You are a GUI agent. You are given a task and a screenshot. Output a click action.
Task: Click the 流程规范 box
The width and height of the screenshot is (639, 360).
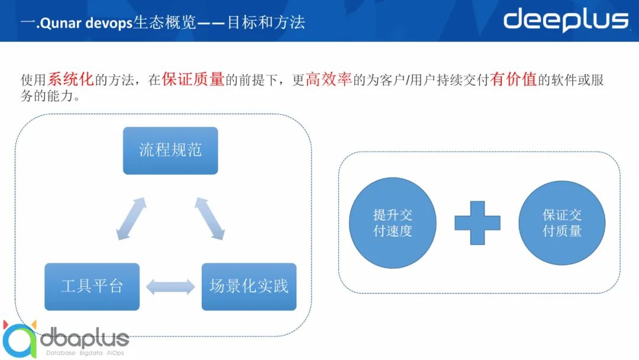(170, 150)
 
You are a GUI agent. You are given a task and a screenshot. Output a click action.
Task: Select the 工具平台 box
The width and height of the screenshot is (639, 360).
(92, 287)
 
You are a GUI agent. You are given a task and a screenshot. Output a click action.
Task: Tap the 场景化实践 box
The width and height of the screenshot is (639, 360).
(249, 287)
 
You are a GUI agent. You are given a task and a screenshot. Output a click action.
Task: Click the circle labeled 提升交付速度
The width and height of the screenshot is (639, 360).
(392, 223)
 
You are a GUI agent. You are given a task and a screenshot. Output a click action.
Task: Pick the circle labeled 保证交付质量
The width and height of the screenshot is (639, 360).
(562, 223)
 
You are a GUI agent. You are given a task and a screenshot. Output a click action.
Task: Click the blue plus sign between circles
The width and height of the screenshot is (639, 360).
(477, 223)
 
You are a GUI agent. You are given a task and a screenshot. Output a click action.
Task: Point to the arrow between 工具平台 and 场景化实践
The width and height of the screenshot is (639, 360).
(170, 287)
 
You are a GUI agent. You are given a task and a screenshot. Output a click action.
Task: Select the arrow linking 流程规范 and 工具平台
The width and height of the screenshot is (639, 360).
(131, 218)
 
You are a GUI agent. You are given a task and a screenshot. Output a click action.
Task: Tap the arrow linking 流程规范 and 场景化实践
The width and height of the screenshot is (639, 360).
(209, 218)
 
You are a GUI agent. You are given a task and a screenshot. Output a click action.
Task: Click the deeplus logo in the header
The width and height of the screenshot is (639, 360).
(566, 20)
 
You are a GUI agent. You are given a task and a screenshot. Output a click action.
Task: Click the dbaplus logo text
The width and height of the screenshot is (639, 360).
(85, 339)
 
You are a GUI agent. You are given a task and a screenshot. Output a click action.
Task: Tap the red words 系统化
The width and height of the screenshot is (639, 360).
(70, 79)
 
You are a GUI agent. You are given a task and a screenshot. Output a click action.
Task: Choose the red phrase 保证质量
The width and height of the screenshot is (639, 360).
(193, 79)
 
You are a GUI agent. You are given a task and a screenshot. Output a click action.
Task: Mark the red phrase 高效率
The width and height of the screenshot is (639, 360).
(328, 79)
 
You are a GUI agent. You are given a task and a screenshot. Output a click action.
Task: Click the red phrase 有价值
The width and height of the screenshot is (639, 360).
(514, 79)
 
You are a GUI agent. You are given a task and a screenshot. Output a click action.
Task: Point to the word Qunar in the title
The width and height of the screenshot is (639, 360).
(61, 23)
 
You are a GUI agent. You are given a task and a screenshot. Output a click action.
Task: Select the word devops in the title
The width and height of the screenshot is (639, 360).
(109, 23)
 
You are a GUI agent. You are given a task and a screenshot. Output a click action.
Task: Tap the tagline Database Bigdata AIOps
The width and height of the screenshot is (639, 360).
(85, 353)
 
